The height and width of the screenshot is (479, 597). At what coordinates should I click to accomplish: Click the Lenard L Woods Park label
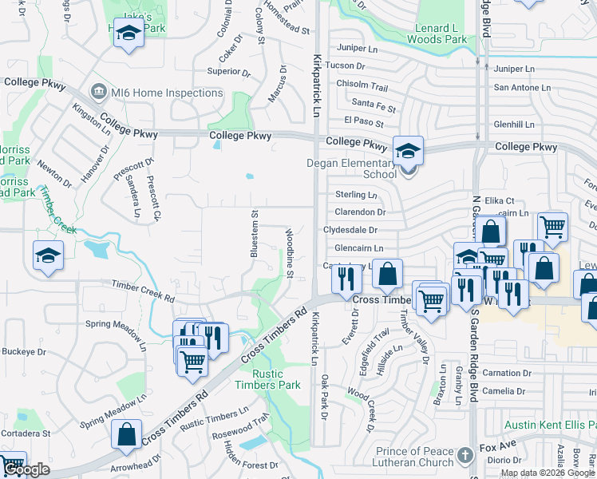(437, 33)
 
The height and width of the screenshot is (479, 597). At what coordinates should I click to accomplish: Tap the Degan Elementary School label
(352, 168)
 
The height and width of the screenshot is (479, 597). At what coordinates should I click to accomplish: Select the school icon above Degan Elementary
(408, 150)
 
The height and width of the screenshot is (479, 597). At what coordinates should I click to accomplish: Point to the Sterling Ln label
(356, 195)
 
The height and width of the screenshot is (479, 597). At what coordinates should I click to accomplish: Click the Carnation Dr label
(506, 373)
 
